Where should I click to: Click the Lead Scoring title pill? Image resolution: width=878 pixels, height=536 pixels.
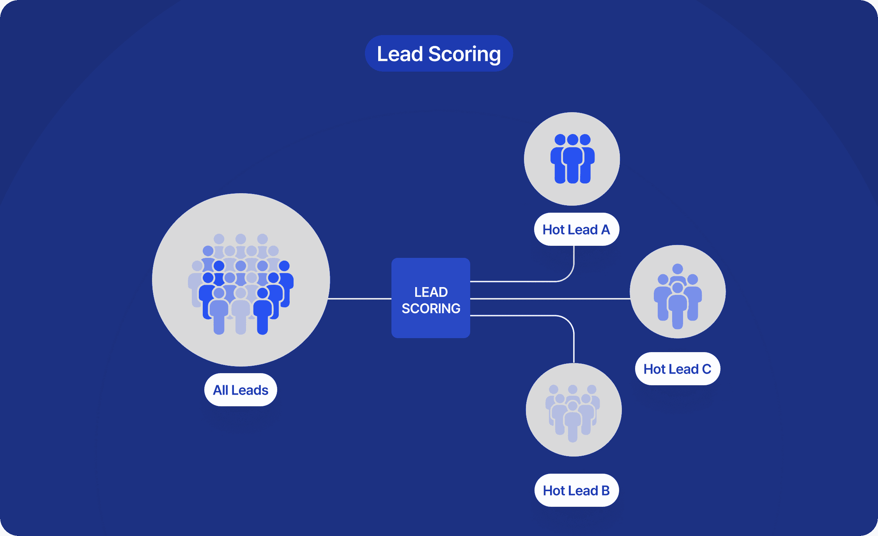click(439, 54)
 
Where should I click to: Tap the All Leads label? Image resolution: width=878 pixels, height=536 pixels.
click(241, 390)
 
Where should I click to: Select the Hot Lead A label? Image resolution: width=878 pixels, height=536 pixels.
click(576, 229)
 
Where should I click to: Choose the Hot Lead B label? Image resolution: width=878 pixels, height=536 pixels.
click(576, 490)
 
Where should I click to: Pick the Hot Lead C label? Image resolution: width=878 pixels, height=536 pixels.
click(677, 369)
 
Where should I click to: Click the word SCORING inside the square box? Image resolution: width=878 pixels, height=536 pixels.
click(431, 309)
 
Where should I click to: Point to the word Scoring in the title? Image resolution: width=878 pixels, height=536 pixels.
click(464, 54)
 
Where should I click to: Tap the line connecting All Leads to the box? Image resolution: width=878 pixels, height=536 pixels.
click(359, 299)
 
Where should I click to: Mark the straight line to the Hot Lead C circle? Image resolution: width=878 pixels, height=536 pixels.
click(550, 299)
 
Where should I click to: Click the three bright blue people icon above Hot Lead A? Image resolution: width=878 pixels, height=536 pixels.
click(572, 159)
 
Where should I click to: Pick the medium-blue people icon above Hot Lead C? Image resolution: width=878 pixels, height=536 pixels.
click(678, 296)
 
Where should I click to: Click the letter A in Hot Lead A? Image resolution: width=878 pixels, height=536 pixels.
click(605, 230)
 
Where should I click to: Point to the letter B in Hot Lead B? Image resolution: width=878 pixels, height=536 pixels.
click(605, 491)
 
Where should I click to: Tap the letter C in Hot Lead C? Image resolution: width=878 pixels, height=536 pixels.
click(706, 369)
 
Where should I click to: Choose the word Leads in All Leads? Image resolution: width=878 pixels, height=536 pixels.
click(250, 390)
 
